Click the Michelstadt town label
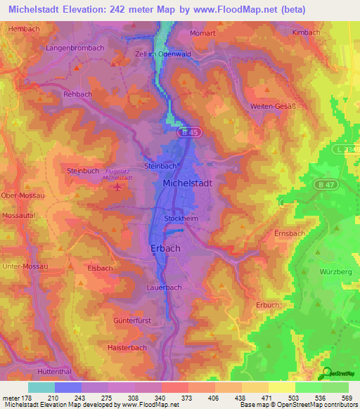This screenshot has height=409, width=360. pyautogui.click(x=187, y=182)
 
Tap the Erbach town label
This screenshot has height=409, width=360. pyautogui.click(x=166, y=248)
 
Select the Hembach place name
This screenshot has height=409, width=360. pyautogui.click(x=23, y=28)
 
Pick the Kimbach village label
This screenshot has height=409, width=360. pyautogui.click(x=307, y=32)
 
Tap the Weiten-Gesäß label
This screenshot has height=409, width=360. pyautogui.click(x=272, y=105)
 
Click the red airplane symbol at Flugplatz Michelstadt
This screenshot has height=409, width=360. pyautogui.click(x=117, y=186)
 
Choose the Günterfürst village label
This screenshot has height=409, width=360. pyautogui.click(x=132, y=320)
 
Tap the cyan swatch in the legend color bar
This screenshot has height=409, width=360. pyautogui.click(x=41, y=387)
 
